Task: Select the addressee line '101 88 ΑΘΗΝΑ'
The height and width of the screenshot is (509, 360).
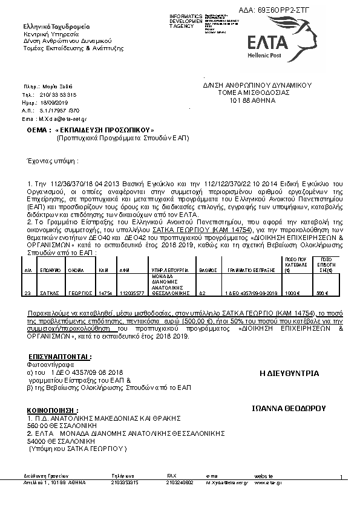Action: coord(252,100)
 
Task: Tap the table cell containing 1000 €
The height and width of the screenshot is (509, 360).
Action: coord(293,293)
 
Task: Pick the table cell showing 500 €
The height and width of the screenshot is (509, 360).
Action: coord(322,293)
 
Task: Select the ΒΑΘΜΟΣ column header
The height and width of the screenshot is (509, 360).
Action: coord(208,272)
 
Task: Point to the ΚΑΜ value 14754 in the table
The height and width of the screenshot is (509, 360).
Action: coord(105,293)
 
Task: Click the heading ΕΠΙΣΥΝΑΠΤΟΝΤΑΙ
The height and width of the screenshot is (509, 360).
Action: coord(60,357)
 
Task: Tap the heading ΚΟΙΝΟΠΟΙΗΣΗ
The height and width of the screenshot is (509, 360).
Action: coord(53,410)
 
